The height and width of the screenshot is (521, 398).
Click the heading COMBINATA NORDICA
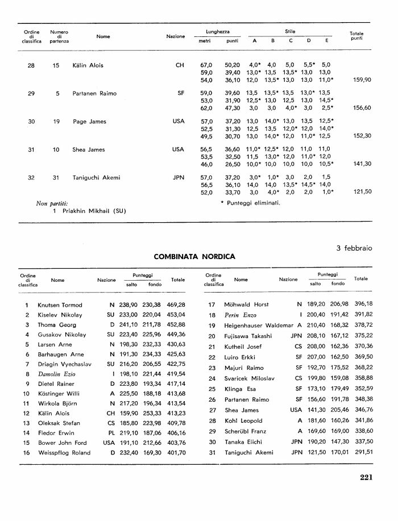(x=194, y=257)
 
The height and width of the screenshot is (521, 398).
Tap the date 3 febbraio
(x=354, y=248)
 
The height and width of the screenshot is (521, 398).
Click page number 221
(x=366, y=477)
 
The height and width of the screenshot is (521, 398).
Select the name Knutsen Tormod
(x=60, y=305)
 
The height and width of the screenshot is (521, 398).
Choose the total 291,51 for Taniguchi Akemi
(x=362, y=452)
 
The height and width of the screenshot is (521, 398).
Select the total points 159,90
(x=362, y=80)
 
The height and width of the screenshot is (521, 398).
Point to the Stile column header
(x=290, y=31)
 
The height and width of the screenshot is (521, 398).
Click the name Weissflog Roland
(x=63, y=452)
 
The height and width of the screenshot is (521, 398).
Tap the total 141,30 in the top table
(x=362, y=164)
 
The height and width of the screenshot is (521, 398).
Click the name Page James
(x=89, y=122)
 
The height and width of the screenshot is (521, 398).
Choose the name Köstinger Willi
(x=58, y=393)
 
